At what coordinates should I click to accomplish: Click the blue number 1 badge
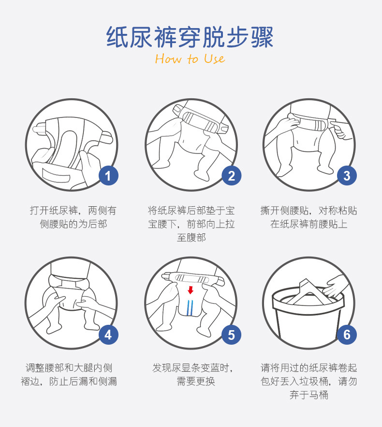click(x=108, y=176)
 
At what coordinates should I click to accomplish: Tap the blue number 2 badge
click(x=231, y=176)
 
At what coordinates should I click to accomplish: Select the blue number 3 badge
click(x=346, y=175)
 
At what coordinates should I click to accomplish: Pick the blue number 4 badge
click(x=108, y=335)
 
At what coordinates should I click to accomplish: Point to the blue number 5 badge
click(x=231, y=335)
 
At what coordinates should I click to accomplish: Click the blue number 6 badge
click(x=346, y=335)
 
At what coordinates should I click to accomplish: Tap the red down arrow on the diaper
click(x=191, y=290)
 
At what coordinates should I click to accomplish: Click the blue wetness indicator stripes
click(x=190, y=308)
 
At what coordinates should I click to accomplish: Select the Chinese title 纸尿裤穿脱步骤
click(x=190, y=38)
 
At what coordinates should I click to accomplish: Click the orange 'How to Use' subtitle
click(x=190, y=59)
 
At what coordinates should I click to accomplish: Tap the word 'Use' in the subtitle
click(x=214, y=59)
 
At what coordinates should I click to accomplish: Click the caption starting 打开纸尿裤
click(x=73, y=217)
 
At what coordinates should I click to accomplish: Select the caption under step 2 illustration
click(x=191, y=224)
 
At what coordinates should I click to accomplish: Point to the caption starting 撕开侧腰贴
click(x=309, y=217)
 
